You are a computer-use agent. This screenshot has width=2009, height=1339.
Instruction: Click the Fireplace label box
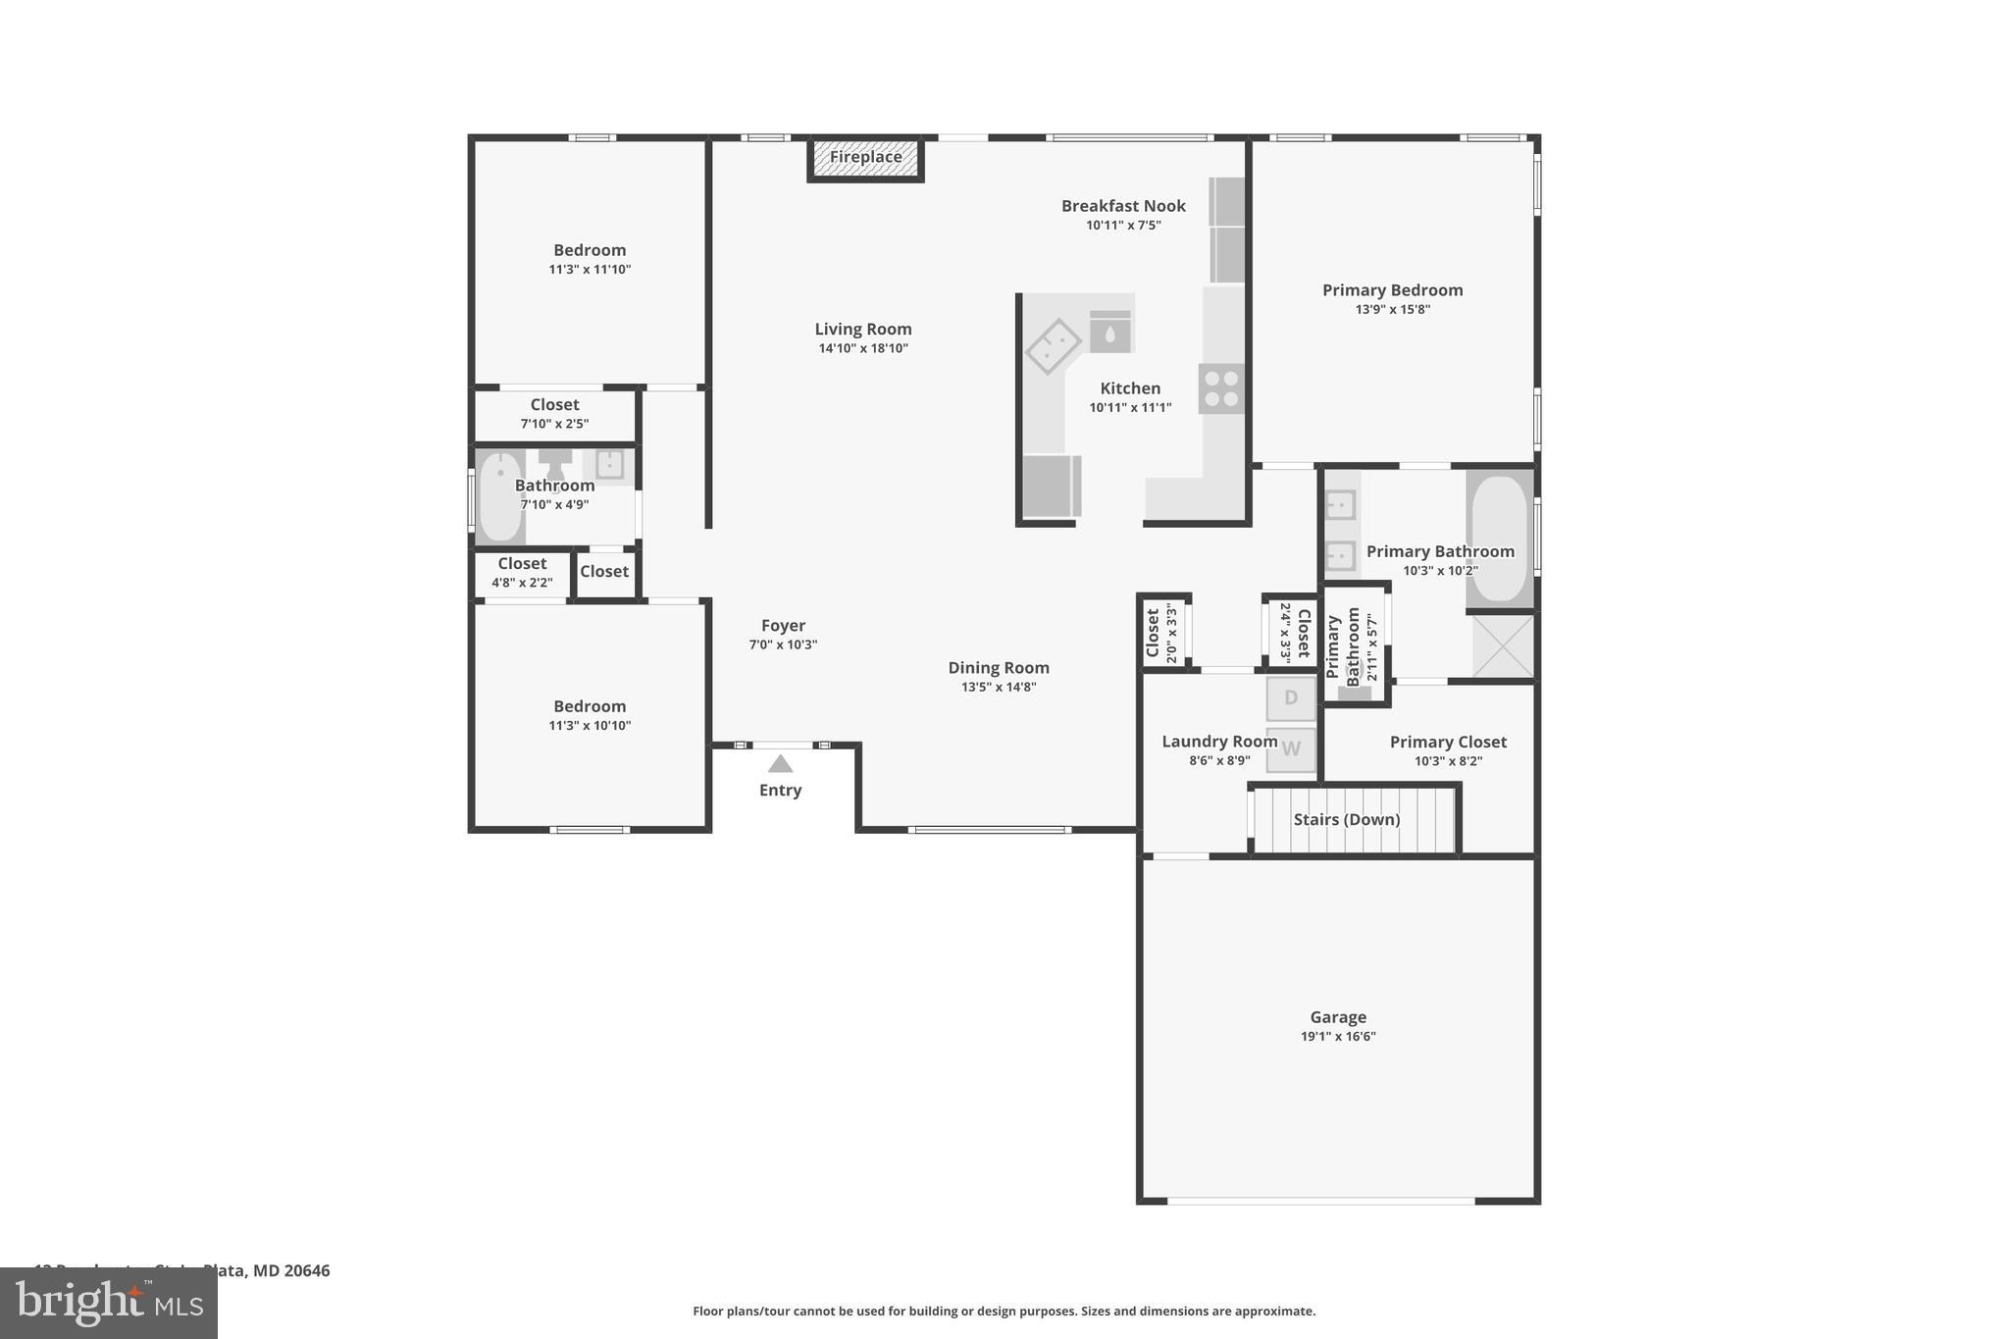tap(865, 158)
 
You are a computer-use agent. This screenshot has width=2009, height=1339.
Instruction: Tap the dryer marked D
tap(1291, 698)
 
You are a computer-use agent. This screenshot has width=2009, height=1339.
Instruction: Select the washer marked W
tap(1291, 749)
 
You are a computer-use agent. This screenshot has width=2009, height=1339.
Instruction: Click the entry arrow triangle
tap(780, 764)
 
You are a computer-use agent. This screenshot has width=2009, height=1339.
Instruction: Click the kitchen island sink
tap(1054, 346)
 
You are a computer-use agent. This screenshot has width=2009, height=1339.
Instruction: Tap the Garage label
tap(1338, 1017)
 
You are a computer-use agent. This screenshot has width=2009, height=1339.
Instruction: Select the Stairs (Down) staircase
tap(1354, 820)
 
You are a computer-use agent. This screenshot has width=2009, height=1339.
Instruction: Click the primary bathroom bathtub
tap(1500, 539)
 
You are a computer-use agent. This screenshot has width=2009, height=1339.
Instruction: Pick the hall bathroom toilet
tap(555, 463)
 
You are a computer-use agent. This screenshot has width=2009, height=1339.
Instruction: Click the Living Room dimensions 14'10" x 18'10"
tap(863, 348)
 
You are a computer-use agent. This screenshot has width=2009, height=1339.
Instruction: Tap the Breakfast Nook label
tap(1123, 206)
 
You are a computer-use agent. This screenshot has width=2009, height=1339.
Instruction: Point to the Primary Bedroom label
tap(1392, 290)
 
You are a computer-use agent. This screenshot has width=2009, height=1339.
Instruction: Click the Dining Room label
tap(999, 668)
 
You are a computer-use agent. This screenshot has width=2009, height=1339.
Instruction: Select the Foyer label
tap(783, 626)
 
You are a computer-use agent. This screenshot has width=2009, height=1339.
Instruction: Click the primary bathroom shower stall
tap(1503, 645)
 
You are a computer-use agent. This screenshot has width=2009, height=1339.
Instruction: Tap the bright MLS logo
tap(109, 1303)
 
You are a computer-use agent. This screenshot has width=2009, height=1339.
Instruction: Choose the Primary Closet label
tap(1448, 743)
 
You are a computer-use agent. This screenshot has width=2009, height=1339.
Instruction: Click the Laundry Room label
tap(1219, 742)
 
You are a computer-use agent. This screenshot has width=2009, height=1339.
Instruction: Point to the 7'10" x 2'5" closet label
tap(554, 424)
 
